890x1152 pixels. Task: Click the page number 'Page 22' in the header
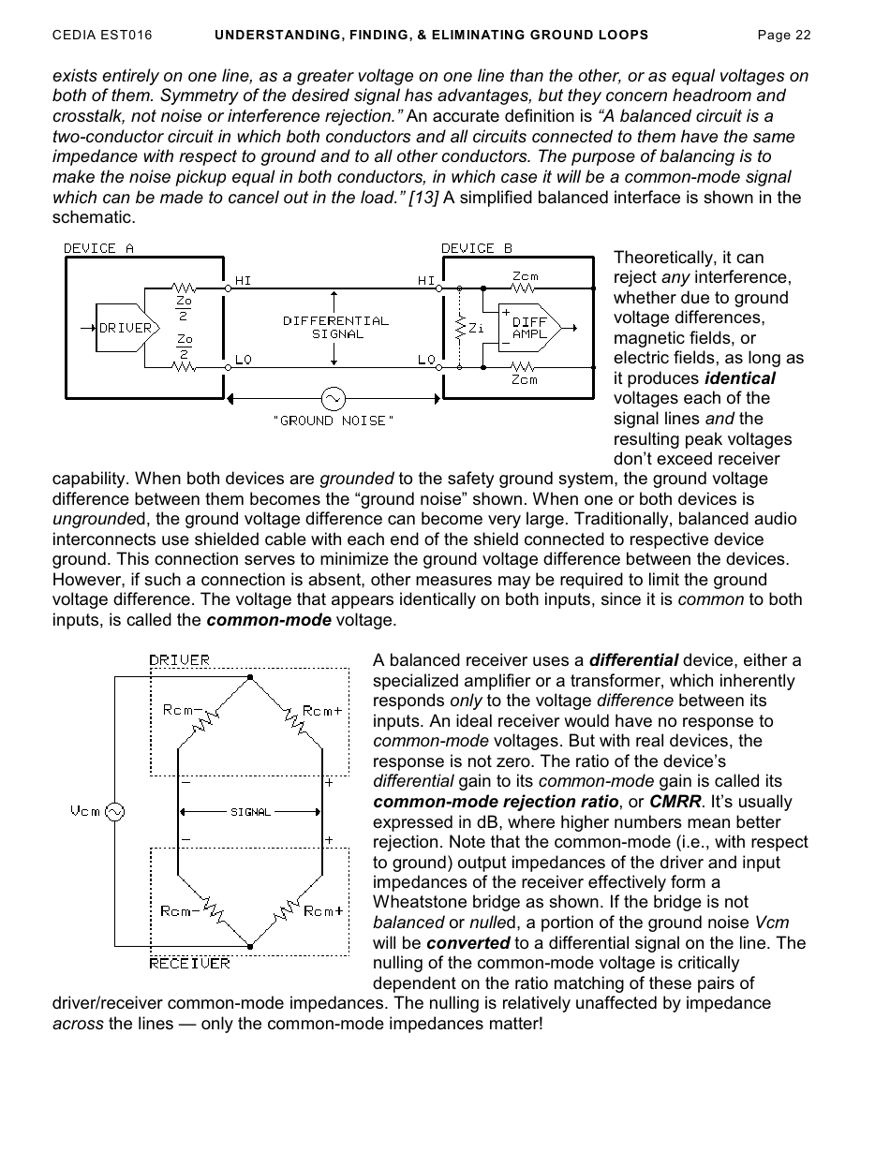point(783,36)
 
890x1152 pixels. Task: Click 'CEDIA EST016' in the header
point(102,36)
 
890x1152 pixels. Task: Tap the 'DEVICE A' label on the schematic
point(98,248)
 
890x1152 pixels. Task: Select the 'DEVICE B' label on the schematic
point(477,248)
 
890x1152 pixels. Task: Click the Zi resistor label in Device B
point(477,328)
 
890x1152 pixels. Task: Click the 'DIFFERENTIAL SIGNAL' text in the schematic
point(335,327)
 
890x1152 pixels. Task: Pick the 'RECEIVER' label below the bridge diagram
point(190,963)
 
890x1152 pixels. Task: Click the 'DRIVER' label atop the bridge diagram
point(180,659)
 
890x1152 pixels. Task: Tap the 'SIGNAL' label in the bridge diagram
point(250,812)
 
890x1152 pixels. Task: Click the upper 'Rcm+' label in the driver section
point(322,711)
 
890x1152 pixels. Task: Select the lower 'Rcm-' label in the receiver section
point(180,911)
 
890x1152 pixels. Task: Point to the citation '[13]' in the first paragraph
point(424,198)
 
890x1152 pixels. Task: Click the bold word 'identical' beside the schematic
point(739,378)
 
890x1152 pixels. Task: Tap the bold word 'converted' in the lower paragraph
point(467,943)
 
